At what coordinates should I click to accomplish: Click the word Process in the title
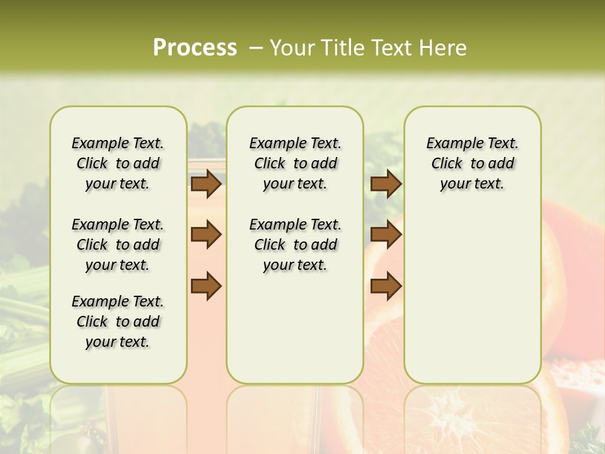point(195,48)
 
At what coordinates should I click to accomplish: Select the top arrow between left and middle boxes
point(206,183)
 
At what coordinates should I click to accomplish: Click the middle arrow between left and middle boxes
point(206,235)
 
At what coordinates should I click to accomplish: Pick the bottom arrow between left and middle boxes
point(206,286)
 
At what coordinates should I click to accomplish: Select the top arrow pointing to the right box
point(386,183)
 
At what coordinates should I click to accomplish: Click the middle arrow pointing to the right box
point(386,235)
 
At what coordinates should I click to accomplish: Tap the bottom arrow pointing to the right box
point(386,286)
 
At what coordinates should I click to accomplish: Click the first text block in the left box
point(118,163)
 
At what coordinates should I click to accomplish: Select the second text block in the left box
point(118,245)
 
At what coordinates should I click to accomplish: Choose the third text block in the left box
point(118,322)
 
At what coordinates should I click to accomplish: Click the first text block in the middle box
point(295,163)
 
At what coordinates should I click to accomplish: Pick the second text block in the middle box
point(295,245)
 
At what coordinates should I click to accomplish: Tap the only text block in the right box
point(472,163)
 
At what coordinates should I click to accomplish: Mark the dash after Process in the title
point(256,48)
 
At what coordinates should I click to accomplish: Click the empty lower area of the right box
point(472,296)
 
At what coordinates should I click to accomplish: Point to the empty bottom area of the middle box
point(295,334)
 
